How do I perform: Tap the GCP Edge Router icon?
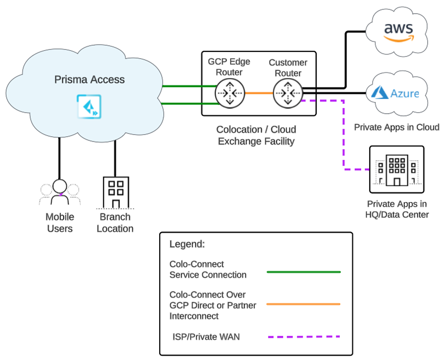pos(230,94)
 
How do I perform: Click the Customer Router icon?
pos(288,94)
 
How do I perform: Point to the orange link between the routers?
pos(259,94)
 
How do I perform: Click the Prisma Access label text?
pos(90,80)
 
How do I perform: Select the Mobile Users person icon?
pos(59,192)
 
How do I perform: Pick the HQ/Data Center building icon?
pos(396,170)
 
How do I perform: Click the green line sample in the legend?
pos(304,272)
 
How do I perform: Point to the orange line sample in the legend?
pos(304,304)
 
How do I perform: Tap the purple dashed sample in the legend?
pos(304,336)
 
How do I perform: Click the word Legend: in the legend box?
pos(187,245)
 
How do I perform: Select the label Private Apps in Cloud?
pos(396,127)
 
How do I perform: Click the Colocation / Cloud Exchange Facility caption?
pos(257,135)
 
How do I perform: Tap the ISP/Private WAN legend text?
pos(206,336)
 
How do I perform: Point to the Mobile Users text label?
pos(60,223)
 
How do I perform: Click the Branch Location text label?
pos(115,223)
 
